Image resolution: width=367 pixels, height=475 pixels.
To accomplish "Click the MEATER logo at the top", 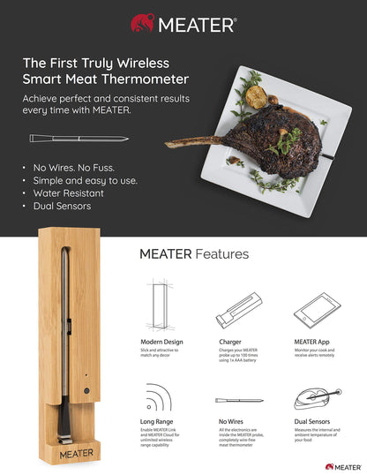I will click(x=183, y=22).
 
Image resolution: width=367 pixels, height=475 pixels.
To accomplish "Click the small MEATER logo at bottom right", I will click(x=342, y=465).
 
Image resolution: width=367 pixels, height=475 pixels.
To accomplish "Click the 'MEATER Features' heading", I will click(x=194, y=254).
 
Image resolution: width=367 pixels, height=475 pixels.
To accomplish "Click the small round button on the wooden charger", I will click(x=86, y=389).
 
